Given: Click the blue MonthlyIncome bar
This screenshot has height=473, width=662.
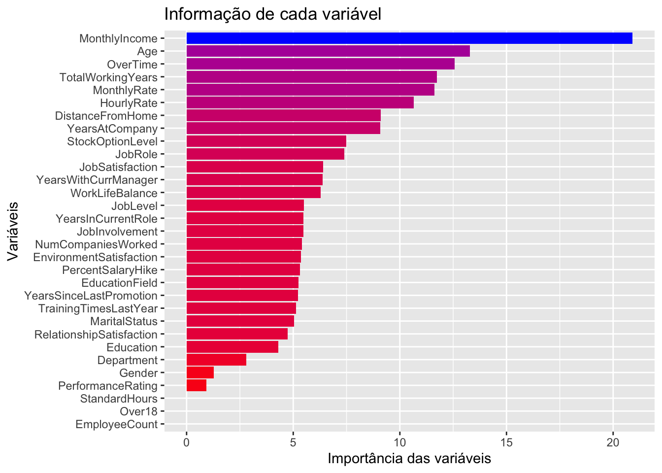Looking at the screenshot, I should [x=409, y=38].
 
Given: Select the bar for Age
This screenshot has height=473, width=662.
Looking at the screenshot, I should [x=328, y=51].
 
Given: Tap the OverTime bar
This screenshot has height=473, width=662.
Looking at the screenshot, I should [x=320, y=64].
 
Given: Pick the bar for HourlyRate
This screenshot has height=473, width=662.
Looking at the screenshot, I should [x=299, y=103].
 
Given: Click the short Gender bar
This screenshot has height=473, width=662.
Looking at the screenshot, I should [x=200, y=373].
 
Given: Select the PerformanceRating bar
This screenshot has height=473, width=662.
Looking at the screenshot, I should [x=196, y=386].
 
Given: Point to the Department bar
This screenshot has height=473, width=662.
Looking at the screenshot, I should [x=216, y=360].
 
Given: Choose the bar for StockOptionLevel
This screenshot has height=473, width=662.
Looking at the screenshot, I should [x=266, y=141].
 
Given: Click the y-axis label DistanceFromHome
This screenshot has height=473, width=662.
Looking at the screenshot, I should [x=106, y=116].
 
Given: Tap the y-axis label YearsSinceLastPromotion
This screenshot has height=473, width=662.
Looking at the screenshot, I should [x=91, y=296].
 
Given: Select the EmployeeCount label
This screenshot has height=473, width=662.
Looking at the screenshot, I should [x=116, y=425].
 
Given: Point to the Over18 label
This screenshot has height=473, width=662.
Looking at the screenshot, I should [x=138, y=412].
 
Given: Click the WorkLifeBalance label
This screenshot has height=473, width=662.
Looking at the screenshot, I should [x=114, y=193].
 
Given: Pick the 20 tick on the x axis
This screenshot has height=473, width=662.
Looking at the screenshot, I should [x=613, y=443].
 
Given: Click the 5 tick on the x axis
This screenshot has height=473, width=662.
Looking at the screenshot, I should [x=293, y=443].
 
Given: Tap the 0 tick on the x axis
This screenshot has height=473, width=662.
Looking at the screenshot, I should [x=187, y=443].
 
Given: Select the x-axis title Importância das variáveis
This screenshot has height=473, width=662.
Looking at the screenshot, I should [x=409, y=459].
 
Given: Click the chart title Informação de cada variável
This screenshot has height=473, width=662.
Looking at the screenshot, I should [x=272, y=14].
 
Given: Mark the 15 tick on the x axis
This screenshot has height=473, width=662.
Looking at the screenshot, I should [x=506, y=443].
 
